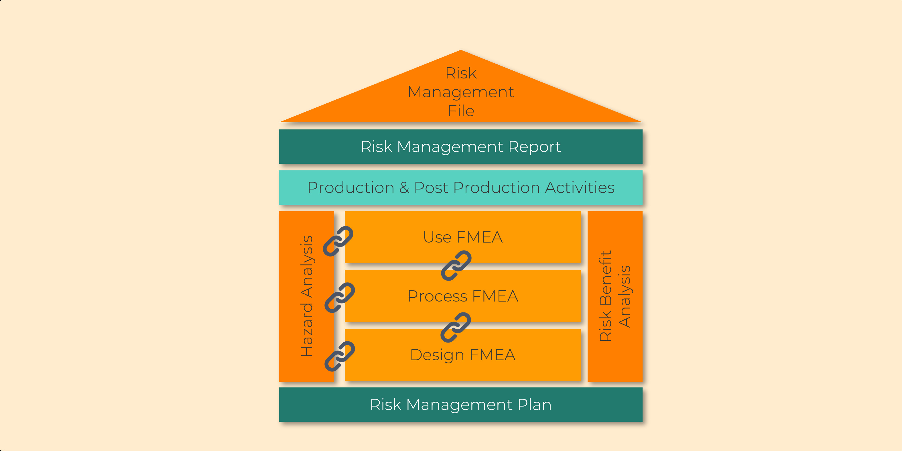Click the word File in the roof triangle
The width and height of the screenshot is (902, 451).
[x=461, y=111]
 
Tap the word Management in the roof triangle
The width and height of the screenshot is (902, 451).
[x=461, y=92]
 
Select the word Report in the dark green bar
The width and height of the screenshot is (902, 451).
[x=534, y=147]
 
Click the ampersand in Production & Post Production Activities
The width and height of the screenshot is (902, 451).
[x=404, y=188]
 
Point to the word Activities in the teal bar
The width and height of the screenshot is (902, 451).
[x=580, y=188]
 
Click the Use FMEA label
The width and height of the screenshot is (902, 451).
[x=462, y=237]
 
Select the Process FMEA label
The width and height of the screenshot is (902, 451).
[x=462, y=296]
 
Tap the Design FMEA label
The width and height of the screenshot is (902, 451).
[x=462, y=355]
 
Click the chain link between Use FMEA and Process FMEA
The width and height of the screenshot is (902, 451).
[x=456, y=265]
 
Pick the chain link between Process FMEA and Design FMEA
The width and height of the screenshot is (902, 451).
[x=456, y=327]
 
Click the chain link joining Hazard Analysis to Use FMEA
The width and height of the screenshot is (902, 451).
[x=338, y=241]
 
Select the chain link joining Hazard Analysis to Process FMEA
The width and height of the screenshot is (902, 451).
[x=340, y=298]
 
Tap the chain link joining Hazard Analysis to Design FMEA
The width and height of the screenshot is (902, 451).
[x=340, y=356]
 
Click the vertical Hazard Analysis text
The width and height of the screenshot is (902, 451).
[x=307, y=296]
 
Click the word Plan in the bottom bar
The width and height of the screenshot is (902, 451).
[x=534, y=405]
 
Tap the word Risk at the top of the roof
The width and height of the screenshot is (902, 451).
[x=461, y=73]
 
